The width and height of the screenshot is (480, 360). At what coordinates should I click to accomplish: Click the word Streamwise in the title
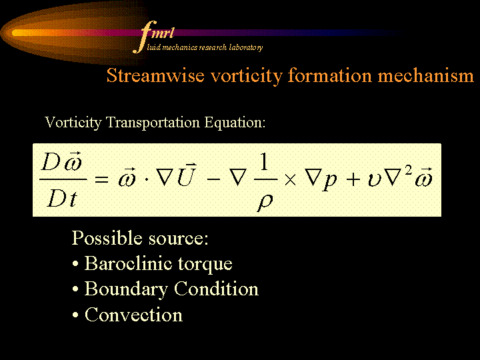(x=155, y=75)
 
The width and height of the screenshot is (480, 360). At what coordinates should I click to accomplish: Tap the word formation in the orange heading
(x=329, y=75)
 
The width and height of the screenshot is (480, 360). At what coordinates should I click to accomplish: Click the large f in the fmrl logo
(x=145, y=37)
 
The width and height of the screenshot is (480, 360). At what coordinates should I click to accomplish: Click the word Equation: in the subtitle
(x=235, y=123)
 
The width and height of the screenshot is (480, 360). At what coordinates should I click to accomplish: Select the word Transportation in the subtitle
(x=153, y=123)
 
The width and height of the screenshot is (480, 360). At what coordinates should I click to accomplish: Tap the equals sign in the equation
(x=101, y=179)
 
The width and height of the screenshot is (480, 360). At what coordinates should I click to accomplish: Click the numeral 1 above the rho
(x=265, y=161)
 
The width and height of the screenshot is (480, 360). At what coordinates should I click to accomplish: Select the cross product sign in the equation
(x=290, y=180)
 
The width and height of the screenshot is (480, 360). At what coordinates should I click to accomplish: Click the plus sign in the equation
(x=353, y=179)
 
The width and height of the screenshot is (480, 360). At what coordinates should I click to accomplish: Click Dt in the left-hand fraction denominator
(x=62, y=199)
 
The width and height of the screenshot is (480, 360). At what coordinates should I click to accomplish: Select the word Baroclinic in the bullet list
(x=128, y=263)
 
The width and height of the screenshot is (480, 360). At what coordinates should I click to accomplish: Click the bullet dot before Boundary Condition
(x=75, y=289)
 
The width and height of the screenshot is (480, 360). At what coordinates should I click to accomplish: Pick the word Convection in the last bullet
(x=133, y=315)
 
